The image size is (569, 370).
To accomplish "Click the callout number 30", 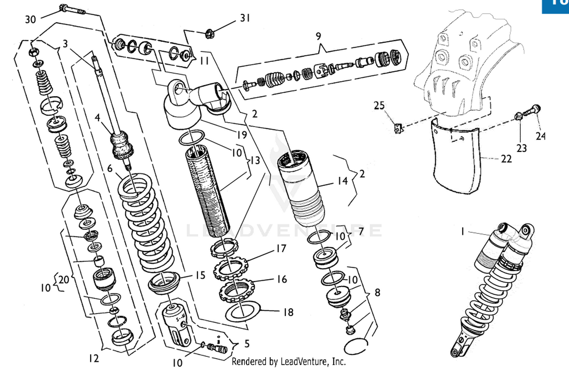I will pyautogui.click(x=30, y=19).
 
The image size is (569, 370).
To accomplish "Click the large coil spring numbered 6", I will pyautogui.click(x=146, y=224).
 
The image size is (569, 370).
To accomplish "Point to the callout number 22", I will pyautogui.click(x=506, y=159).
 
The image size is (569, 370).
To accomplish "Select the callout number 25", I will pyautogui.click(x=379, y=105).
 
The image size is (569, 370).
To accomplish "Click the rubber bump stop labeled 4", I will pyautogui.click(x=122, y=144).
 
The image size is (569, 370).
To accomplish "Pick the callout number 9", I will pyautogui.click(x=318, y=36).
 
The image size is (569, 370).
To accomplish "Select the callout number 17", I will pyautogui.click(x=281, y=249).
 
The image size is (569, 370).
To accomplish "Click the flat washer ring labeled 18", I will pyautogui.click(x=243, y=311).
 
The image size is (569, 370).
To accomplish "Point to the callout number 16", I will pyautogui.click(x=281, y=279).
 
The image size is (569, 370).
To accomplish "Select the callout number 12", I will pyautogui.click(x=94, y=358).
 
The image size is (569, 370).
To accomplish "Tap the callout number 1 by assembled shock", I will pyautogui.click(x=462, y=231).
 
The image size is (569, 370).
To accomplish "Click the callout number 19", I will pyautogui.click(x=242, y=135).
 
